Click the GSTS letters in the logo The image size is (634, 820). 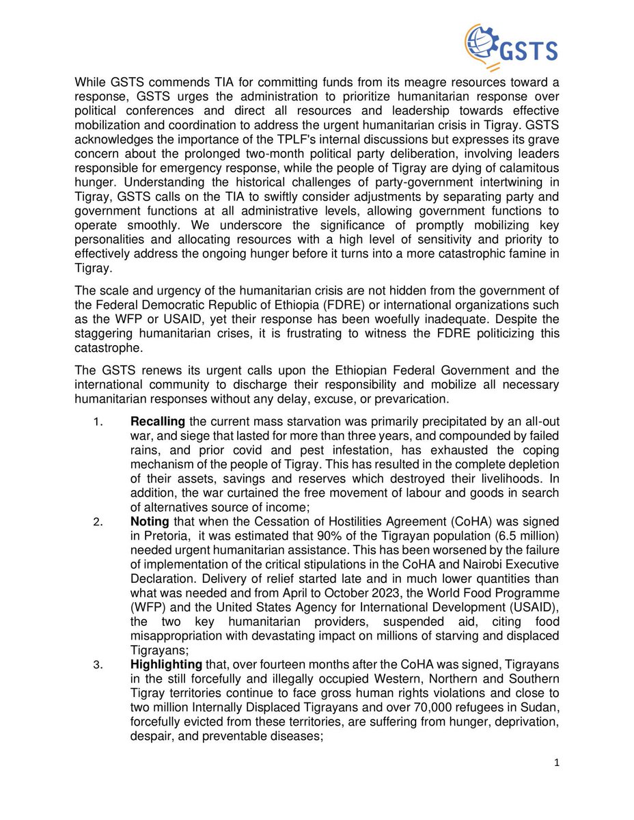pyautogui.click(x=527, y=51)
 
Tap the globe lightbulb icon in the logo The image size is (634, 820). pyautogui.click(x=483, y=46)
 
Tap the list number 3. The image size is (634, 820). pyautogui.click(x=97, y=665)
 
